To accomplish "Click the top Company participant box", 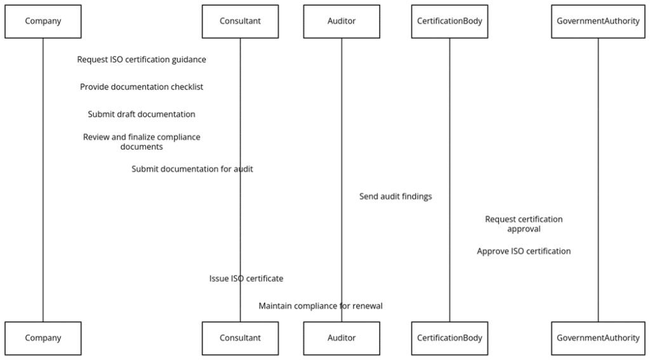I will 43,21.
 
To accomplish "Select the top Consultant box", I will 240,21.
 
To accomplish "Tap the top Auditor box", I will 342,21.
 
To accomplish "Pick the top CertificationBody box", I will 449,21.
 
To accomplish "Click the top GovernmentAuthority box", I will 598,21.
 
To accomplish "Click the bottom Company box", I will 43,338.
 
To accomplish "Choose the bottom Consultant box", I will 240,338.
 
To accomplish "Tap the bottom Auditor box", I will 342,338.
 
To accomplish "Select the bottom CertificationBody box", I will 449,338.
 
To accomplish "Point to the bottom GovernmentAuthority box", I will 598,338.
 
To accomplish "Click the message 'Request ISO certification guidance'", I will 142,60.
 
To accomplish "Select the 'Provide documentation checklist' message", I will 142,87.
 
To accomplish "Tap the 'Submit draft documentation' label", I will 142,114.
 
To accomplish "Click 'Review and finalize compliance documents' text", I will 142,142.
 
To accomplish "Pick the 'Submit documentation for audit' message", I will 192,169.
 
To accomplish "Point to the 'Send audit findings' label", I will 395,197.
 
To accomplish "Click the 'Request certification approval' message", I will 524,224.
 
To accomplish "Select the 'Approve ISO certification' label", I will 524,251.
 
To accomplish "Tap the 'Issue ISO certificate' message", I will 246,279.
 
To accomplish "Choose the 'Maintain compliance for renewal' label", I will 321,306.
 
